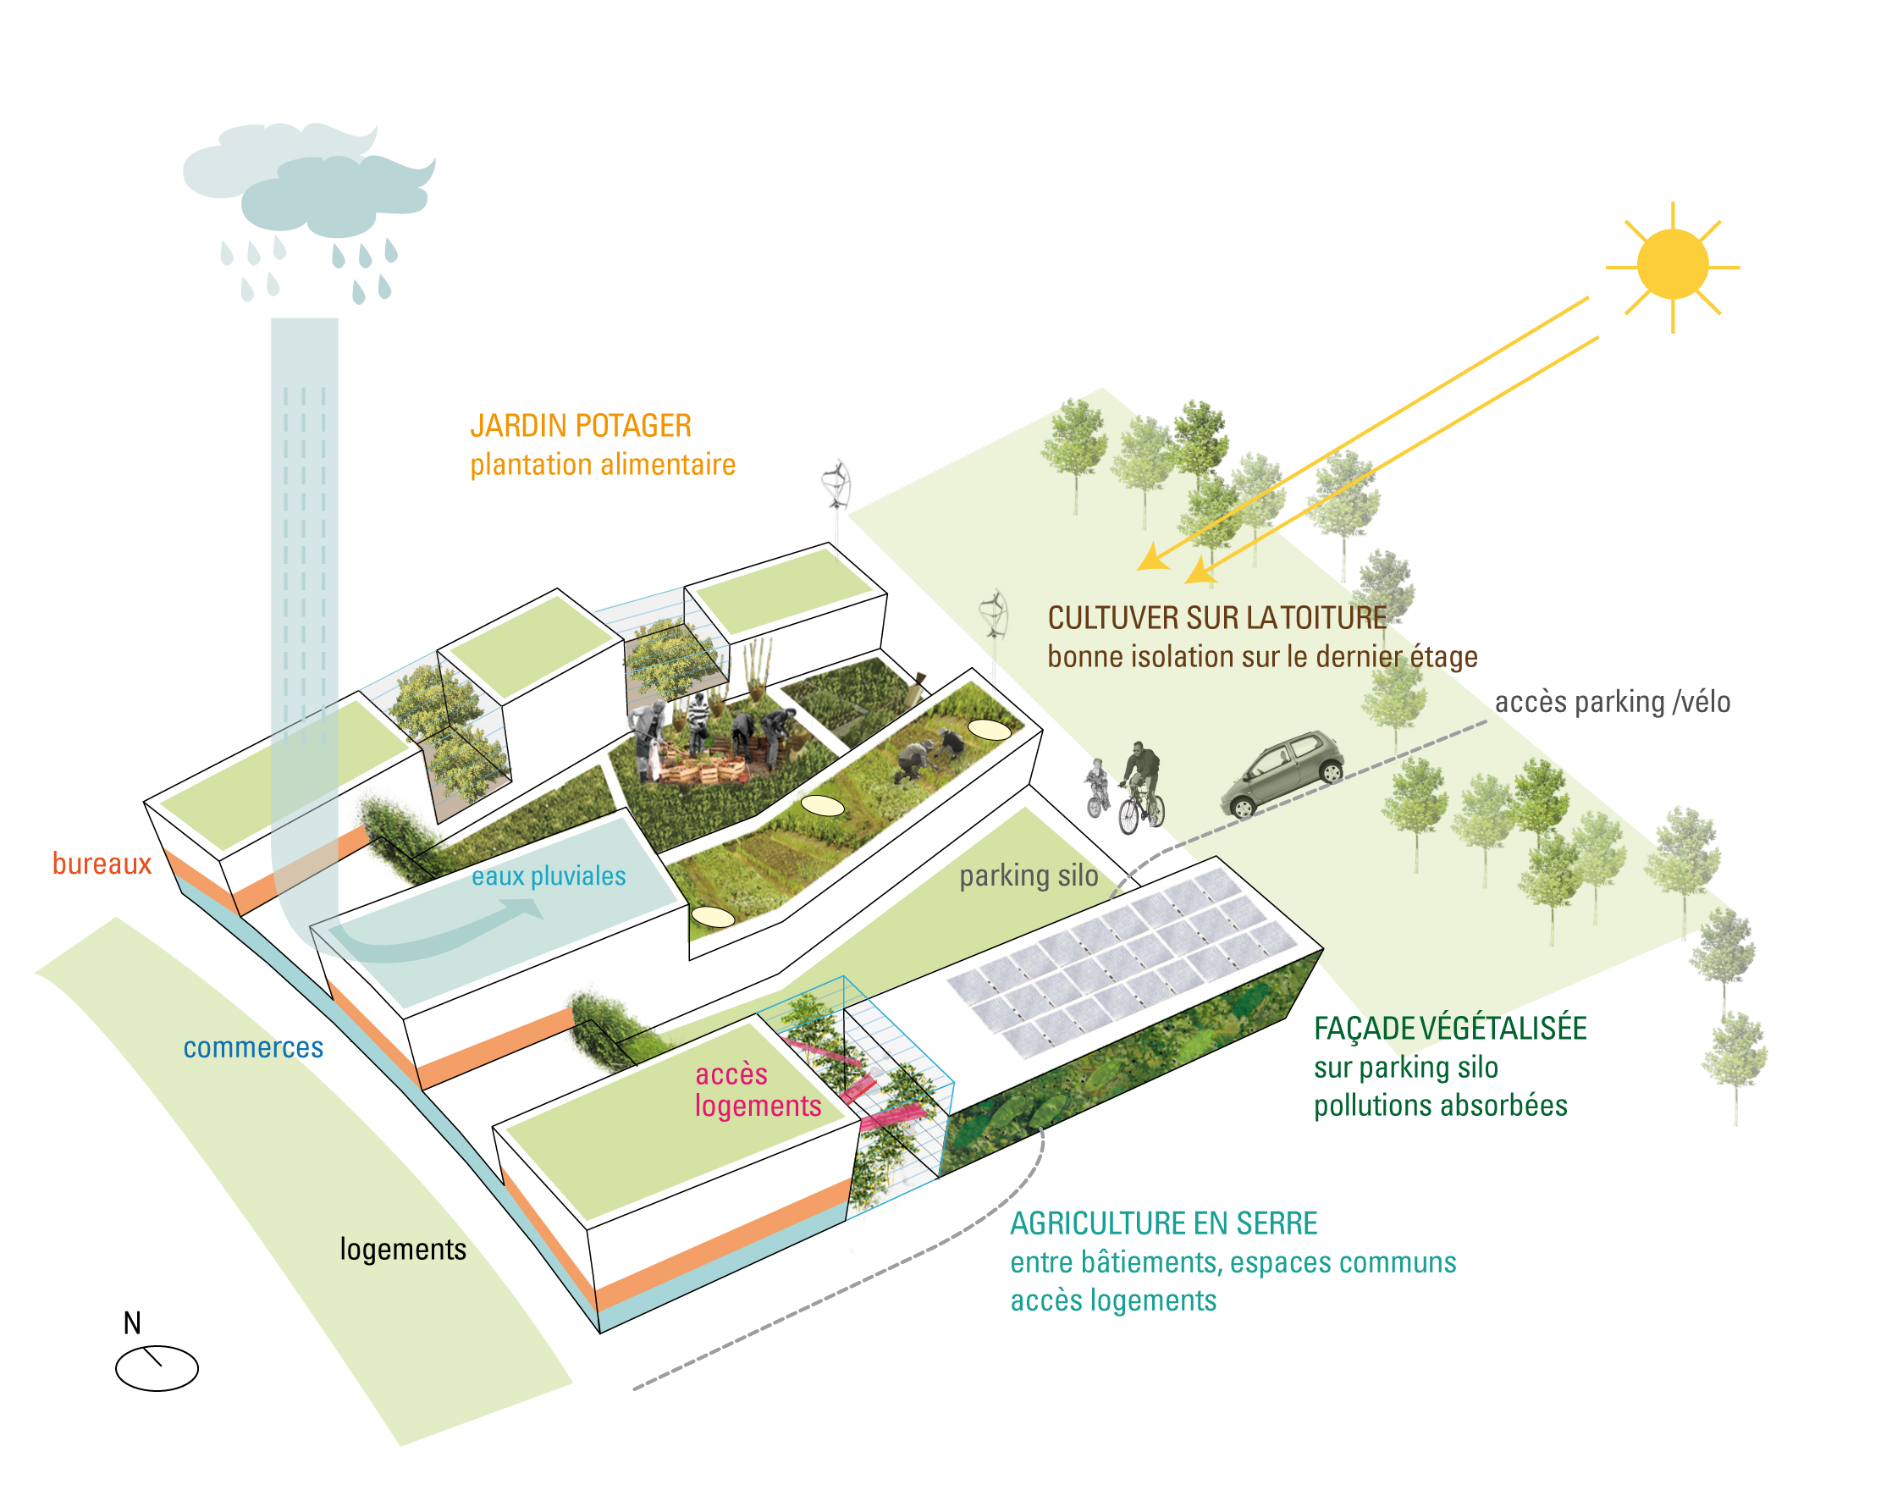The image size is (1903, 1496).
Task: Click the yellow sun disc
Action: [1671, 264]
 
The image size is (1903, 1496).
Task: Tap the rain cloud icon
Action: [315, 188]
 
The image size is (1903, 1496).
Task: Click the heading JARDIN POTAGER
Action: [581, 426]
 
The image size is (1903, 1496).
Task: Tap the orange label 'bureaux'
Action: [102, 864]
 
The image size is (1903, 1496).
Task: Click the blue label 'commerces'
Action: [253, 1047]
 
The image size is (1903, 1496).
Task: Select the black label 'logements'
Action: [403, 1249]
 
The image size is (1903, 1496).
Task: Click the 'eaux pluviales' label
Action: [549, 876]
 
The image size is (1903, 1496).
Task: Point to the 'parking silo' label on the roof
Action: [1029, 875]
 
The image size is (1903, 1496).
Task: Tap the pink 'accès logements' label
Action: [758, 1090]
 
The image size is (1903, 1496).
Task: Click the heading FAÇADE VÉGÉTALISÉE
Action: [1449, 1029]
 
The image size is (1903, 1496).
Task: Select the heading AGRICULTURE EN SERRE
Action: [1163, 1223]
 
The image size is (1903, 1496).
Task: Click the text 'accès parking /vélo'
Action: [1612, 702]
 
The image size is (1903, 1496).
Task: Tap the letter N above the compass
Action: [132, 1322]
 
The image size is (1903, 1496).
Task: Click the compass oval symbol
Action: [157, 1368]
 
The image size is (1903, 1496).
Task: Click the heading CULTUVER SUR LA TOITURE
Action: [1216, 617]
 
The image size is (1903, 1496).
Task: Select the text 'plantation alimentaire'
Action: [603, 464]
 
